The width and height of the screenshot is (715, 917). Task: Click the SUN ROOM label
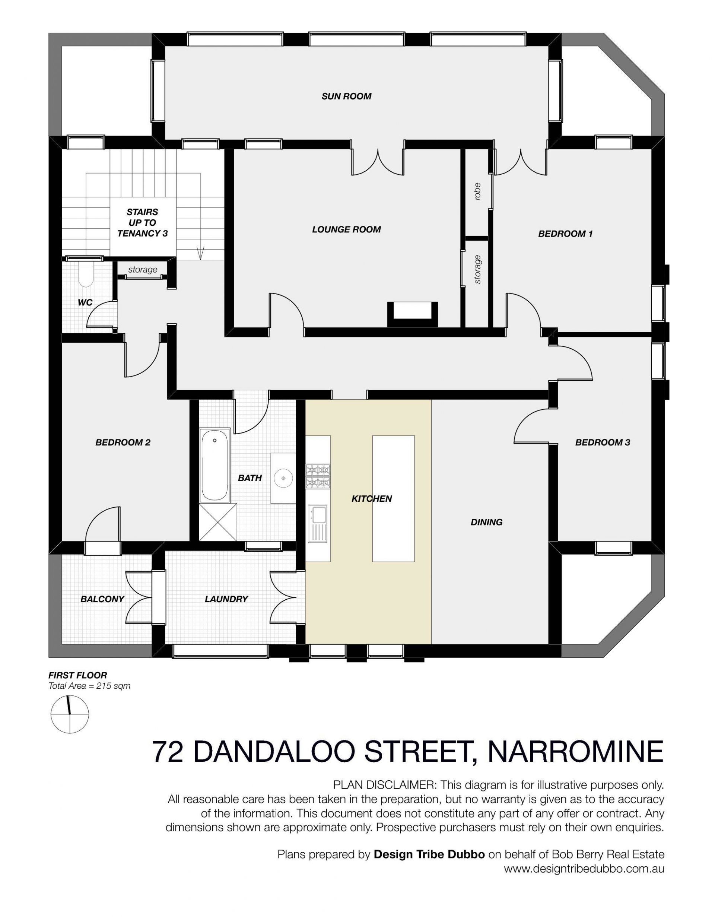346,96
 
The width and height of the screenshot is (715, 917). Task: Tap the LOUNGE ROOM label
346,229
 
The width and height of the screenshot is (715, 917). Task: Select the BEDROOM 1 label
565,234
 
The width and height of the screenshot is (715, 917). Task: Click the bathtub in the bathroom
214,465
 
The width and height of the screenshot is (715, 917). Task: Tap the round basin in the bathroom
284,478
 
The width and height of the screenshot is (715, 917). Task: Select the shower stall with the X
218,522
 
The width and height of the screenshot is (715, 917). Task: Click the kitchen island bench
393,498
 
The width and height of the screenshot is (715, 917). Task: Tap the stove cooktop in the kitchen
318,476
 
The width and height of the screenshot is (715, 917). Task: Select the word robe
477,191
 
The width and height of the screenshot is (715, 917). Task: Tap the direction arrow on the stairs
201,253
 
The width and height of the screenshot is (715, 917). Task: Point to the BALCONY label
102,599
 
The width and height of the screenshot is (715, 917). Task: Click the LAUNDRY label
226,599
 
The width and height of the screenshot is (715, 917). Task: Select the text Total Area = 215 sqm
89,686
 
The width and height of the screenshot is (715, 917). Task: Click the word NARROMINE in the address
575,751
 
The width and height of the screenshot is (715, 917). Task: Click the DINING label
487,522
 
